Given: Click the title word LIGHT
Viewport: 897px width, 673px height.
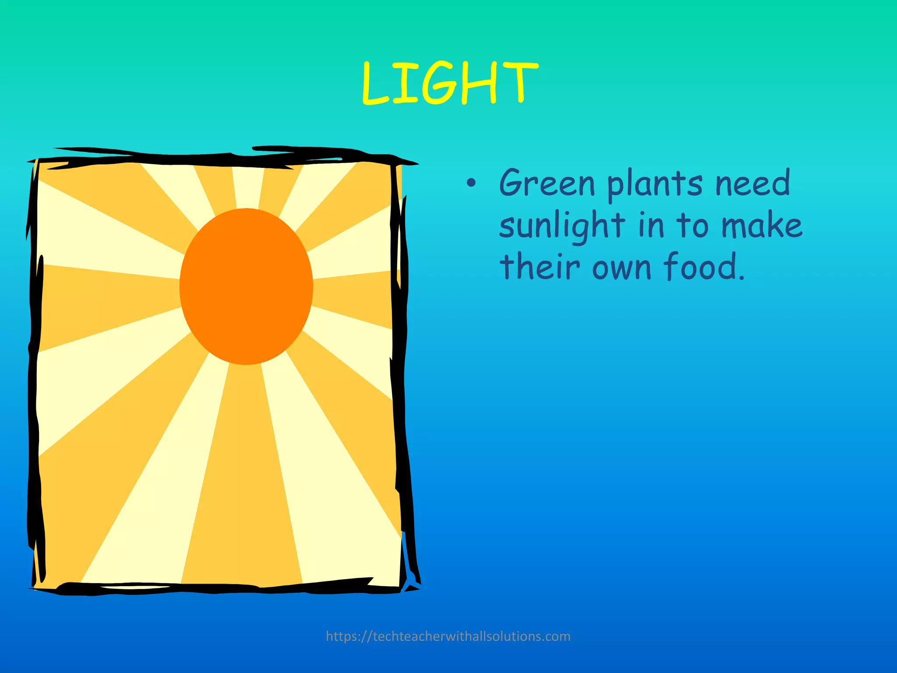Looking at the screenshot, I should [450, 83].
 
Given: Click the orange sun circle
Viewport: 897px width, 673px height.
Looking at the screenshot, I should [246, 286].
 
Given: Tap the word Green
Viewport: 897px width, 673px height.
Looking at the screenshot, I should [547, 183].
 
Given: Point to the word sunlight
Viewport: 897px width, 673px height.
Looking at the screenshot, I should [562, 226].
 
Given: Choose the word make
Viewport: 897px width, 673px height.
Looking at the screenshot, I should [762, 225].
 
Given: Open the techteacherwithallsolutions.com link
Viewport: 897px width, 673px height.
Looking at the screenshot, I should [448, 636].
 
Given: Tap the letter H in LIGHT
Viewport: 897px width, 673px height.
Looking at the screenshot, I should [479, 83].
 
